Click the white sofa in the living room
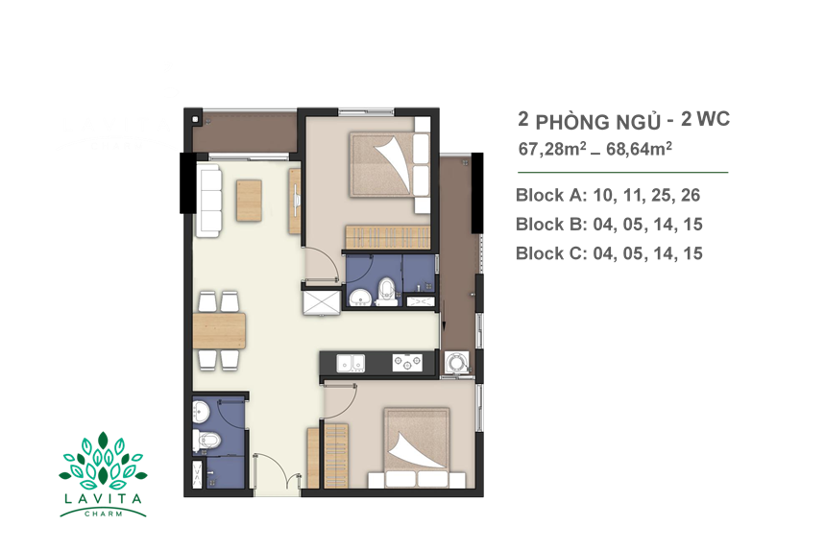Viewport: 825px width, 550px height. [x=208, y=201]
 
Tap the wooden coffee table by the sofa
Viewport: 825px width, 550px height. [x=249, y=201]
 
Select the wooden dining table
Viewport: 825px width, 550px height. [x=219, y=331]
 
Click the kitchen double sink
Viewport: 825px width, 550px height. [x=351, y=364]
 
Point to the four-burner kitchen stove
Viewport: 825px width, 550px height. [x=407, y=362]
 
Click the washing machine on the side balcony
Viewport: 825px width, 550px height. [x=456, y=363]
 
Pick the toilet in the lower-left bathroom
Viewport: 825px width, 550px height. [x=206, y=441]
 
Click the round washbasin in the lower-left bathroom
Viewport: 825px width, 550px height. [x=202, y=411]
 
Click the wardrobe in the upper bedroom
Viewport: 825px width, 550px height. [x=387, y=237]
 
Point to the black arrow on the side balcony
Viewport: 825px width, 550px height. [x=444, y=315]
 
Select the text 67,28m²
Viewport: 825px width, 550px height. [x=552, y=149]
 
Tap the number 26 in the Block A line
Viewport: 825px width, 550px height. [x=691, y=195]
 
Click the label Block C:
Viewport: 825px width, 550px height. [x=551, y=253]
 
